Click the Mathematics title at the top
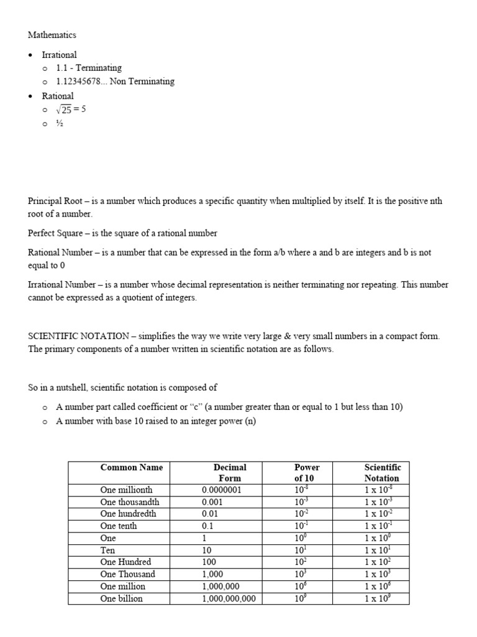tap(52, 35)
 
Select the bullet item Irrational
tap(59, 55)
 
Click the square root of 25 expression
tap(70, 109)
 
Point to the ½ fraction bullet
tap(60, 123)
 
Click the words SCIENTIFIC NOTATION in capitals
tap(78, 336)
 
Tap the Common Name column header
tap(132, 467)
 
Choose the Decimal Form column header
tap(230, 473)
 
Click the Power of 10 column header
tap(307, 473)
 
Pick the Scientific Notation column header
tap(382, 473)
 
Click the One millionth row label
tap(126, 490)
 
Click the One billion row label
tap(121, 598)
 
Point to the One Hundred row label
tap(125, 562)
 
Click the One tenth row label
tap(119, 526)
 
